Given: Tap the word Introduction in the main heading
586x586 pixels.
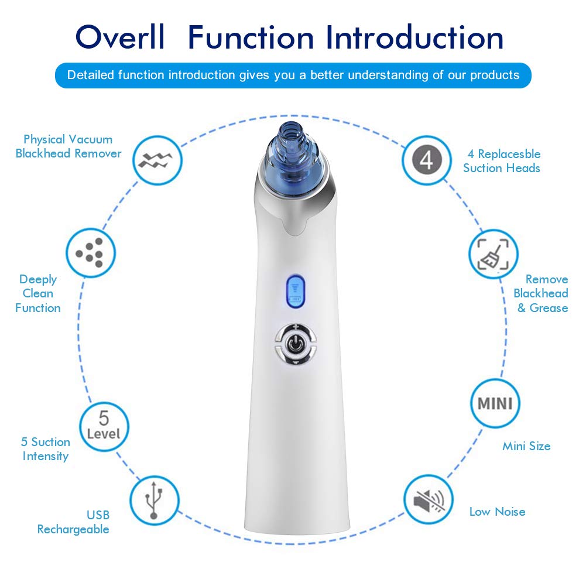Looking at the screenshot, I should (414, 37).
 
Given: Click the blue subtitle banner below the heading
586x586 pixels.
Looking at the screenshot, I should (293, 75).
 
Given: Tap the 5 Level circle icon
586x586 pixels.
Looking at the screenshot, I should (104, 426).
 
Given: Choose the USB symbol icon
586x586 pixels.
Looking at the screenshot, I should (153, 499).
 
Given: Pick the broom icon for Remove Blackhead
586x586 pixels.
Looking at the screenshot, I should (493, 253).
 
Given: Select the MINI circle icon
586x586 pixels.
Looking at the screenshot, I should (495, 403).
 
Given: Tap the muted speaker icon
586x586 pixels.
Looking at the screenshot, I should (429, 499).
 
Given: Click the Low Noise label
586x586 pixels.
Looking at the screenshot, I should (497, 512).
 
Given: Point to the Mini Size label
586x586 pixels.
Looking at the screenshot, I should (526, 446).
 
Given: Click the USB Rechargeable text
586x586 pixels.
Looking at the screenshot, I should (74, 522).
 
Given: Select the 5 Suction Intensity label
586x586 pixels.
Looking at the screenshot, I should (46, 449).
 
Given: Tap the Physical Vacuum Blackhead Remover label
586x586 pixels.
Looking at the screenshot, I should (68, 146).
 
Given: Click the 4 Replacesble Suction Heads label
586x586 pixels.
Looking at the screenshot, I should (502, 161).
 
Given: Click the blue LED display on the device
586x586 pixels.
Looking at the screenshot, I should (295, 290).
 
